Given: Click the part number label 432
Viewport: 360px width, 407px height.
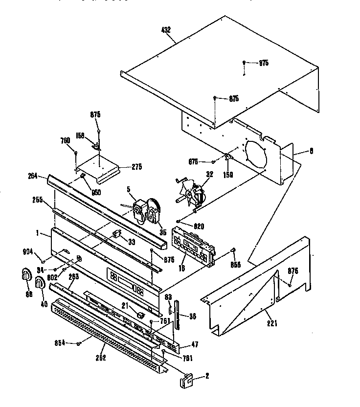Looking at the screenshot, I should [x=166, y=30].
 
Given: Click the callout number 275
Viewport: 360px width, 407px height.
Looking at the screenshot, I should [x=136, y=167].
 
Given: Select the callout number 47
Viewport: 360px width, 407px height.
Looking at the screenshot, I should [x=195, y=344].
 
